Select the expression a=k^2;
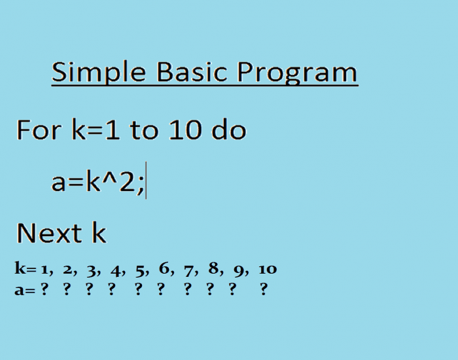97,182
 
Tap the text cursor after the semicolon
147,182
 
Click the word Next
49,233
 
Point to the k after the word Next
98,233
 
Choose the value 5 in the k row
139,269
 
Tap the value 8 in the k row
213,269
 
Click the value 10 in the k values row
268,269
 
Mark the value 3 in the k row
92,269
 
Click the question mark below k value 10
264,290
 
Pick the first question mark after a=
44,290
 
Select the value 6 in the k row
164,269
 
